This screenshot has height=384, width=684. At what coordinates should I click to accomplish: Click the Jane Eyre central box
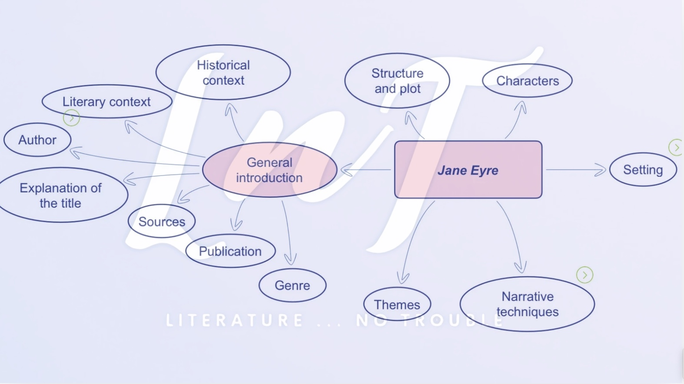[468, 170]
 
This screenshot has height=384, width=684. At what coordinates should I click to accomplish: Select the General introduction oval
[269, 170]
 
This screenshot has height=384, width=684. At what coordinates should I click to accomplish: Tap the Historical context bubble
[223, 73]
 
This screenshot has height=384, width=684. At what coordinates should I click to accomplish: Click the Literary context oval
[106, 102]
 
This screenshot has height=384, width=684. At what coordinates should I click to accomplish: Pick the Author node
[37, 140]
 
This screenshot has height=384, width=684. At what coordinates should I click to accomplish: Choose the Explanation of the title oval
[61, 195]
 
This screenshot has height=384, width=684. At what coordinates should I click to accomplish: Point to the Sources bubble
[162, 222]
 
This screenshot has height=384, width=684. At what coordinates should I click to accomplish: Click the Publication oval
[230, 251]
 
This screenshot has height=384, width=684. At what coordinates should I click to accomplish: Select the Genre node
[292, 285]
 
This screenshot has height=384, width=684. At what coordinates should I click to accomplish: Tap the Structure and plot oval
[397, 81]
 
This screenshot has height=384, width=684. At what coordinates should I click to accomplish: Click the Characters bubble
[527, 81]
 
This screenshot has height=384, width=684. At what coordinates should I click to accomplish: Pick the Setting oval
[643, 169]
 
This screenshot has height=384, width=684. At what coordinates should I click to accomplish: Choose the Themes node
[397, 305]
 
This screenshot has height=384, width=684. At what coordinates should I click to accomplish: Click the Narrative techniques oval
[527, 304]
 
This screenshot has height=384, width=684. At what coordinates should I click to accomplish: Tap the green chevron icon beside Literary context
[72, 118]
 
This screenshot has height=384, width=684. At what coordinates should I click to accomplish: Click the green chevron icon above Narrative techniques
[584, 275]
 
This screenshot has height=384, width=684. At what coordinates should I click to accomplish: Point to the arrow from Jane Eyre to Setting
[576, 170]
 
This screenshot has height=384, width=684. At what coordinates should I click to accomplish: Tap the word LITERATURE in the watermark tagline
[235, 321]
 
